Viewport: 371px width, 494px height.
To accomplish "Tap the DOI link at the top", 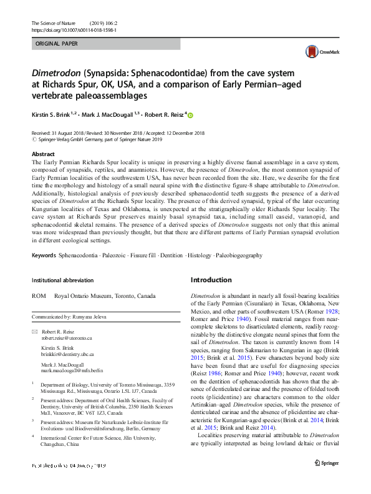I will (74, 30).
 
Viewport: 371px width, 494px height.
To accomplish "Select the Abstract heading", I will (43, 153).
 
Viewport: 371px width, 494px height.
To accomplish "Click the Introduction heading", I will (211, 280).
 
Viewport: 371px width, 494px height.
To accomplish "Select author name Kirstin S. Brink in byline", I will (56, 116).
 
